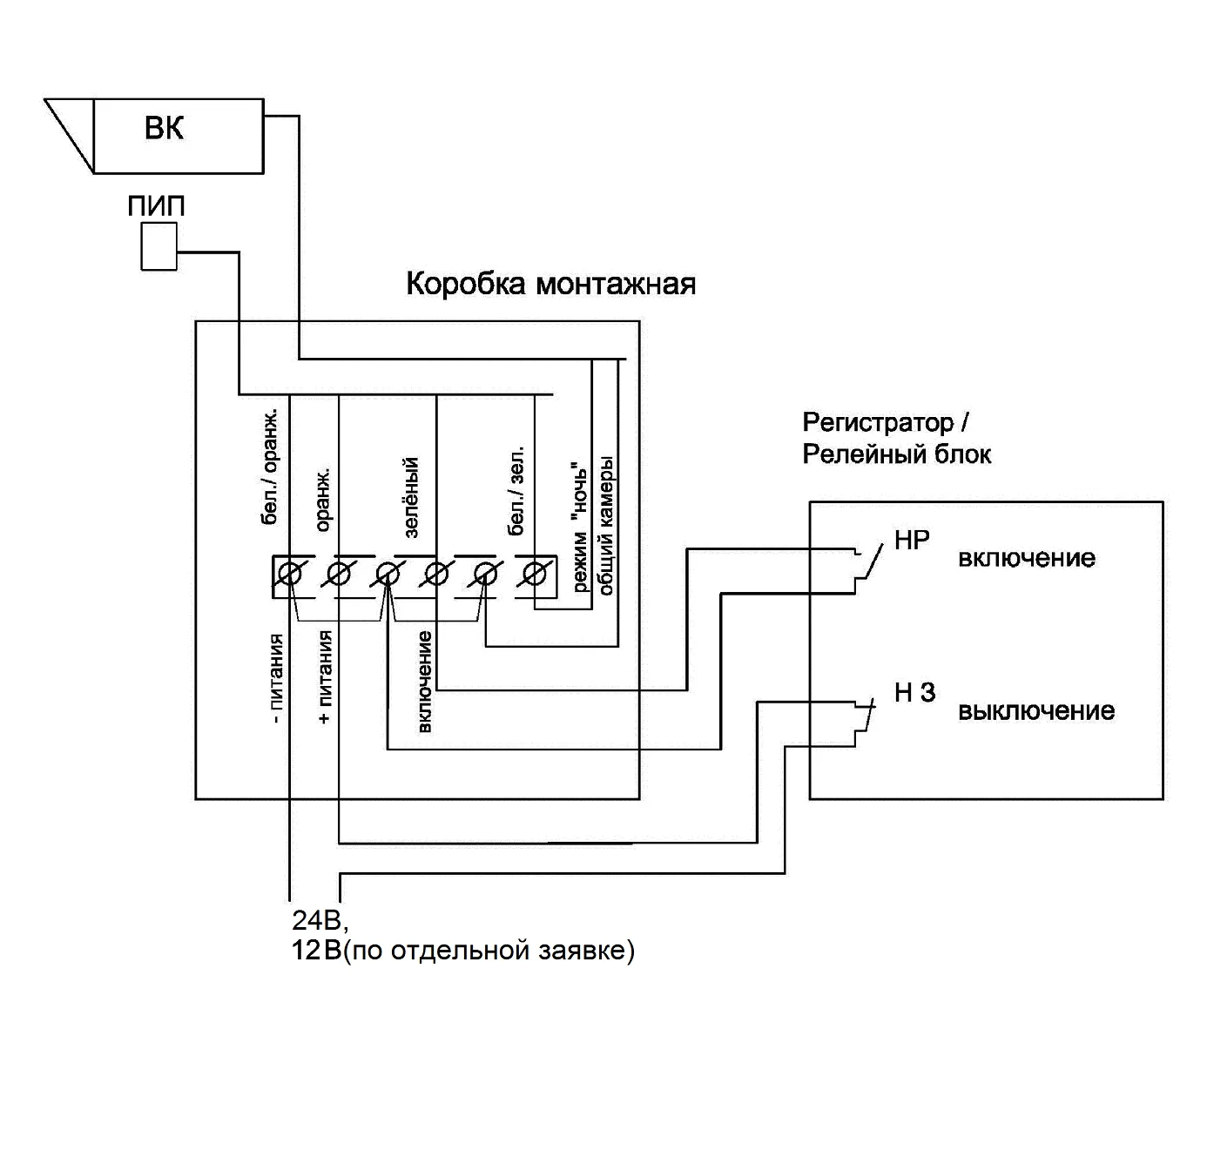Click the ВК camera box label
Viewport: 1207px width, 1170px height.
pyautogui.click(x=165, y=130)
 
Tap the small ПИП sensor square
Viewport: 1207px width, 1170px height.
pyautogui.click(x=158, y=246)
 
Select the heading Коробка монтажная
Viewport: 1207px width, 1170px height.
pyautogui.click(x=550, y=285)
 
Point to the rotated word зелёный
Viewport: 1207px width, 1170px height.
pyautogui.click(x=412, y=497)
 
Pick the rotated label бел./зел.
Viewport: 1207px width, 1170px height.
pyautogui.click(x=516, y=493)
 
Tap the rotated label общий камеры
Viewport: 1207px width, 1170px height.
pyautogui.click(x=607, y=524)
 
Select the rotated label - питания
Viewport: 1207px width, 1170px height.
pyautogui.click(x=276, y=679)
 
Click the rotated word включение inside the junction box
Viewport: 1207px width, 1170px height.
pyautogui.click(x=425, y=682)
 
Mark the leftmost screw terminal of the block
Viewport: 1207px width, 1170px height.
pyautogui.click(x=290, y=575)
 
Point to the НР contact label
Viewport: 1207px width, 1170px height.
pyautogui.click(x=912, y=541)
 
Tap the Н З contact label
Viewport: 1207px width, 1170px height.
pyautogui.click(x=914, y=693)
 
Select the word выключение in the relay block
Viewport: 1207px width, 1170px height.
pyautogui.click(x=1036, y=711)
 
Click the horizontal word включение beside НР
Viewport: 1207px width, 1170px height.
pyautogui.click(x=1027, y=558)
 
